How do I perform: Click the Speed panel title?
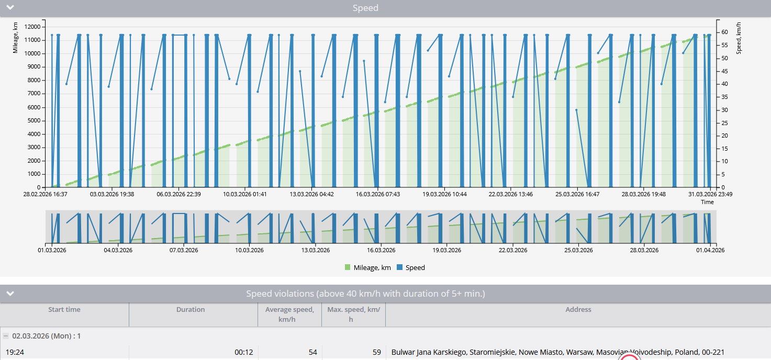[x=365, y=8]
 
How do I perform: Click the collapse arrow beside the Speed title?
[x=10, y=7]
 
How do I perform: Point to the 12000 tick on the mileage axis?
[x=32, y=27]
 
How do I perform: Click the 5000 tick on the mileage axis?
[x=34, y=120]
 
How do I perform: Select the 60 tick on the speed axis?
[x=724, y=32]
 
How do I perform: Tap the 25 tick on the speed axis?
[x=724, y=123]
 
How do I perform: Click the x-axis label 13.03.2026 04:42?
[x=311, y=194]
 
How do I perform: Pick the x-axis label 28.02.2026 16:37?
[x=46, y=194]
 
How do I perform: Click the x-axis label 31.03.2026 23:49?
[x=710, y=194]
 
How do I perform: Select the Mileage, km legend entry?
[x=367, y=267]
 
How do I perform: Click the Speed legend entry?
[x=411, y=267]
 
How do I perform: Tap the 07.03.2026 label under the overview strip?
[x=183, y=250]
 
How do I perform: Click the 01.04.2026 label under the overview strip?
[x=710, y=250]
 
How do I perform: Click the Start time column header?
[x=64, y=309]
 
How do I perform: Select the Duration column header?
[x=191, y=309]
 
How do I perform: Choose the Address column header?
[x=578, y=309]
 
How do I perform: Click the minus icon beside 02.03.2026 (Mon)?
[x=6, y=336]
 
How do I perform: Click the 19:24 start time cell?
[x=15, y=352]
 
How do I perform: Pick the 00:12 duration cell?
[x=244, y=352]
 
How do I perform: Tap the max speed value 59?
[x=376, y=352]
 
